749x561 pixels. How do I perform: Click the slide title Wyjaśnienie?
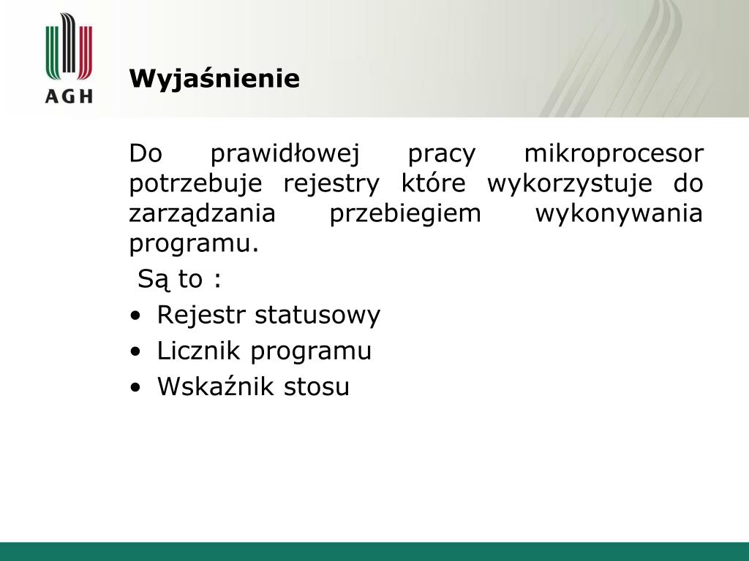tap(214, 79)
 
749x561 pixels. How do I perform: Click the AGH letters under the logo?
tap(69, 96)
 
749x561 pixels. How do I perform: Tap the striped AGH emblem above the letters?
tap(69, 47)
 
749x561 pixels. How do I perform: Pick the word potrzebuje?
tap(195, 184)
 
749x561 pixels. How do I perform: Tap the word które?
tap(433, 183)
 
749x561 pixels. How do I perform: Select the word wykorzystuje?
tap(569, 184)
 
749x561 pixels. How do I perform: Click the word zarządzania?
tap(202, 214)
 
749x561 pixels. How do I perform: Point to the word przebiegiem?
tap(405, 214)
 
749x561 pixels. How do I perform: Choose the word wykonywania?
tap(619, 214)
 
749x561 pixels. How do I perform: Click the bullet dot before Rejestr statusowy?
tap(135, 316)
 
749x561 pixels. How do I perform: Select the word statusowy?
tap(317, 316)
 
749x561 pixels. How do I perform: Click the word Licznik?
tap(198, 351)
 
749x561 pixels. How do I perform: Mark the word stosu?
tap(316, 387)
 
